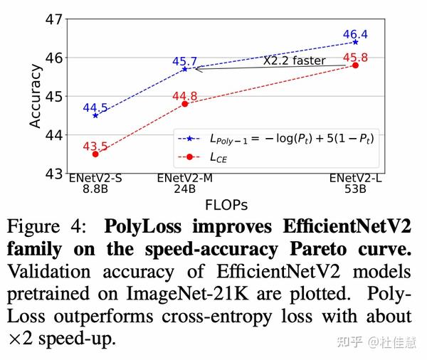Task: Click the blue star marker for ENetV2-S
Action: tap(95, 115)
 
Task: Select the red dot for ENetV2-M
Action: tap(185, 104)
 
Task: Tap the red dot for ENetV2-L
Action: tap(355, 65)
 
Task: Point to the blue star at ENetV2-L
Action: tap(355, 42)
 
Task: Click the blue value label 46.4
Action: tap(355, 33)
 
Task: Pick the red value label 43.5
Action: tap(95, 147)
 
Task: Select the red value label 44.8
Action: tap(185, 95)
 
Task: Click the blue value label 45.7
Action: tap(185, 61)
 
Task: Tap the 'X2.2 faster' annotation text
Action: tap(294, 61)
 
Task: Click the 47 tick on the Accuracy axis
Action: tap(54, 18)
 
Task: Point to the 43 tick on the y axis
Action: tap(54, 173)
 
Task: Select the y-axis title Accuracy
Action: tap(35, 95)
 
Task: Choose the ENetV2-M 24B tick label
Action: tap(185, 184)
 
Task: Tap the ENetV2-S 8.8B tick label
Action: tap(95, 184)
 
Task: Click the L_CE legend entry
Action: tap(213, 156)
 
